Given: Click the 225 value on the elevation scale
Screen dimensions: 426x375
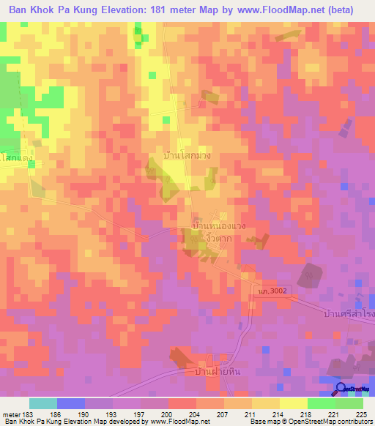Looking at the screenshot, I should coord(362,414).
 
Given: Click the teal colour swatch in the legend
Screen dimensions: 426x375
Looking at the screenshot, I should coord(43,403).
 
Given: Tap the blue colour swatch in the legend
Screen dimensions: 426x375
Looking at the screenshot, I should coord(71,403).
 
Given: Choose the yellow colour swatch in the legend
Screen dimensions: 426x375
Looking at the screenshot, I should coord(293,403).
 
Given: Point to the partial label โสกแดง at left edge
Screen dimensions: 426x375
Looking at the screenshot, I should coord(16,157).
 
